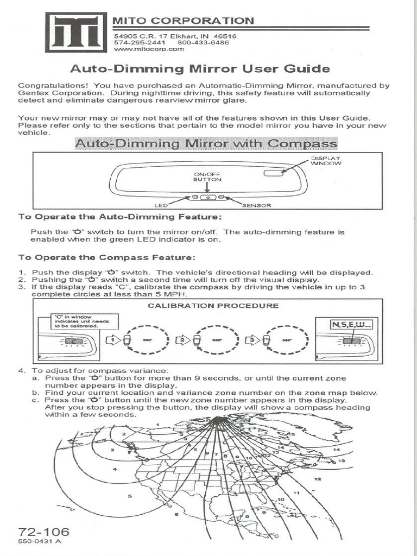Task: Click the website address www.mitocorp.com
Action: pos(149,48)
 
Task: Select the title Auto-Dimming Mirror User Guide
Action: pos(200,69)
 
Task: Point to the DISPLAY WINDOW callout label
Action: pos(326,160)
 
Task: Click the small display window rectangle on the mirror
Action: pos(274,172)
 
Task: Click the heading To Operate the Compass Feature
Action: pos(107,257)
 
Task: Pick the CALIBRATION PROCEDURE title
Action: pos(213,306)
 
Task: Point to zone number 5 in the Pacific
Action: pos(129,496)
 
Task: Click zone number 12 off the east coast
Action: pos(317,479)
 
